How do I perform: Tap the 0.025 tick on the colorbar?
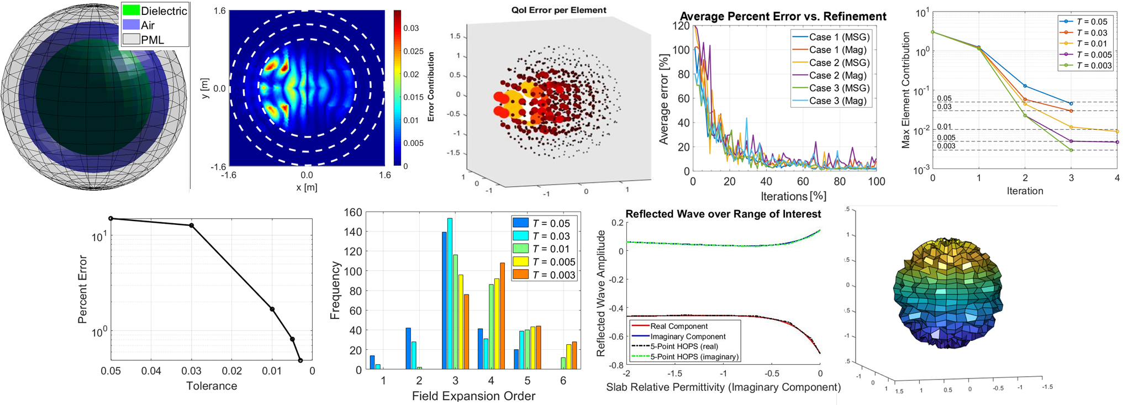pos(413,51)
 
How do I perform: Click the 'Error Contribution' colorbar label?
pos(431,87)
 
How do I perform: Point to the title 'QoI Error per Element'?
pos(558,10)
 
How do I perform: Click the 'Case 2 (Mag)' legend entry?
pos(837,76)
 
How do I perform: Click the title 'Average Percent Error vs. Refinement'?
pos(783,17)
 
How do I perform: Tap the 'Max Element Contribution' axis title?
pos(906,90)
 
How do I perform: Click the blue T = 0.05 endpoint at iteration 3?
pos(1071,103)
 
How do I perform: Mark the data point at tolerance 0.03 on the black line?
pos(192,225)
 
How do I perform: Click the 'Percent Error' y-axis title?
pos(83,289)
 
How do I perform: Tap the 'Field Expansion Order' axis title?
pos(473,396)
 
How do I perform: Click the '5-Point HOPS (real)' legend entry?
pos(684,346)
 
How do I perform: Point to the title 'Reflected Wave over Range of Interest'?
pos(723,214)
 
